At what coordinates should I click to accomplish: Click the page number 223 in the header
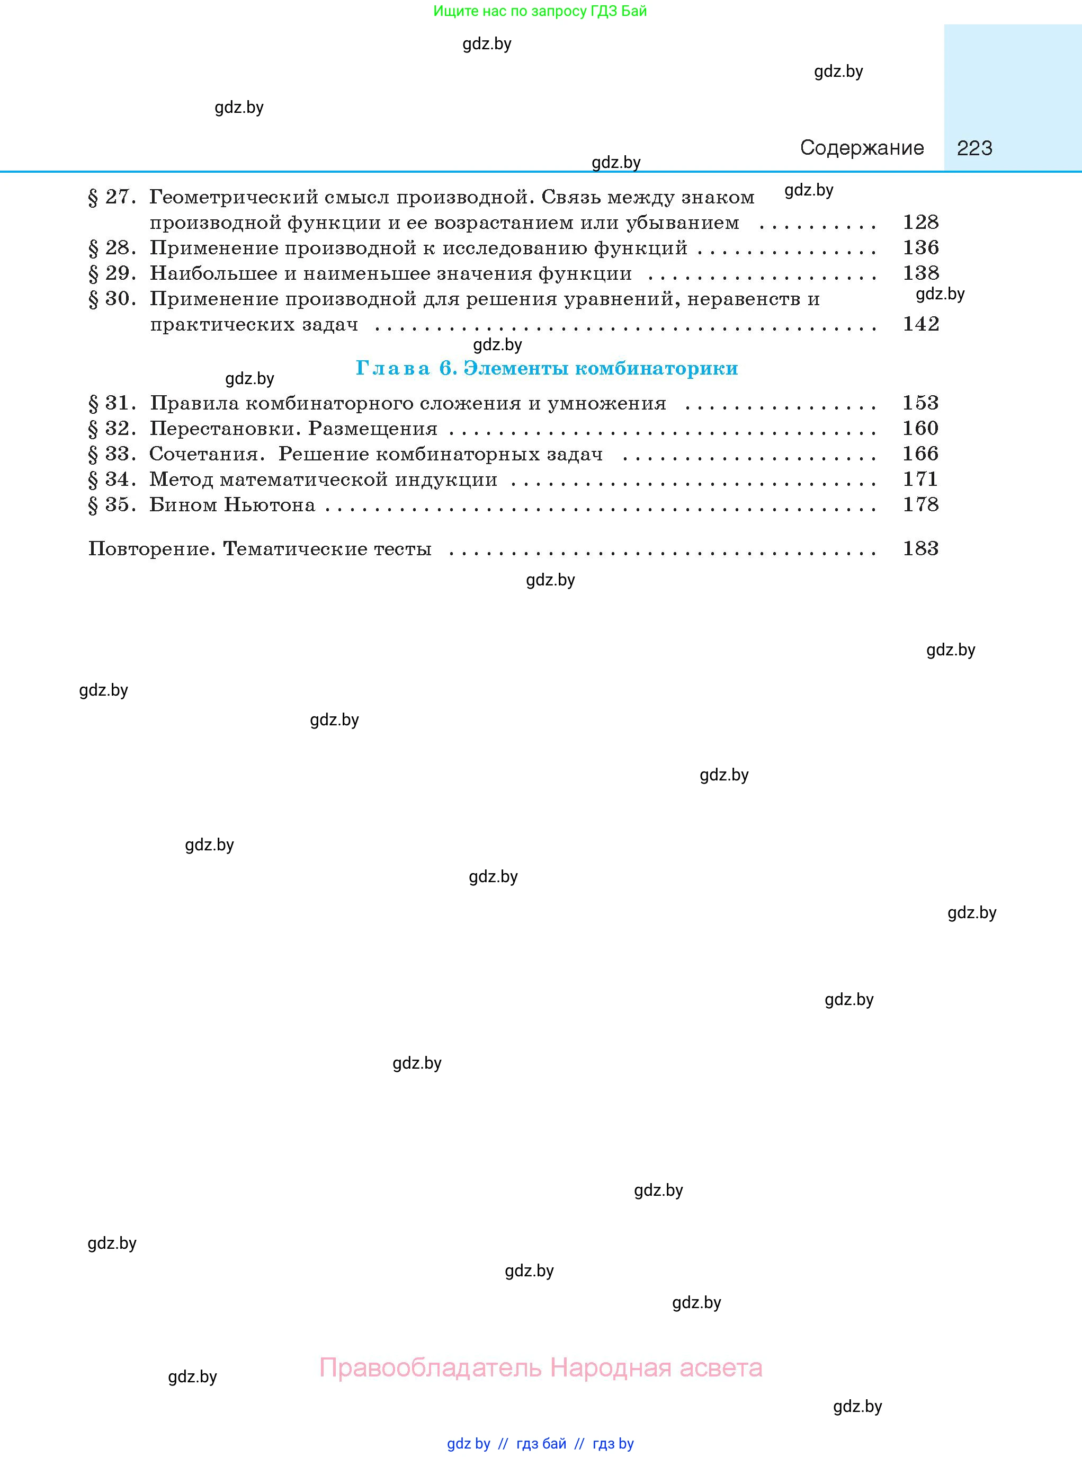pos(974,148)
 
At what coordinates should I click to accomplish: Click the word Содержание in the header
pos(861,148)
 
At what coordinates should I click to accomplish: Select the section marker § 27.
pos(112,197)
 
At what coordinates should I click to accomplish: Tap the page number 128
pos(920,223)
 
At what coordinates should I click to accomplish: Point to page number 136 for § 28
pos(920,247)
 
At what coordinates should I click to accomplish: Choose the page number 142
pos(920,324)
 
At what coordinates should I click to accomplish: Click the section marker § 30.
pos(112,299)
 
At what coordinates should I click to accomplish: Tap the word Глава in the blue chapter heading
pos(393,369)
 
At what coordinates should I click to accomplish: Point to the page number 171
pos(920,479)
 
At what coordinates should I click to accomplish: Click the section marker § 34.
pos(112,479)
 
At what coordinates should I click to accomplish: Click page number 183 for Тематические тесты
pos(920,548)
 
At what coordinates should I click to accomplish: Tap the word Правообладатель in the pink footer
pos(430,1368)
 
